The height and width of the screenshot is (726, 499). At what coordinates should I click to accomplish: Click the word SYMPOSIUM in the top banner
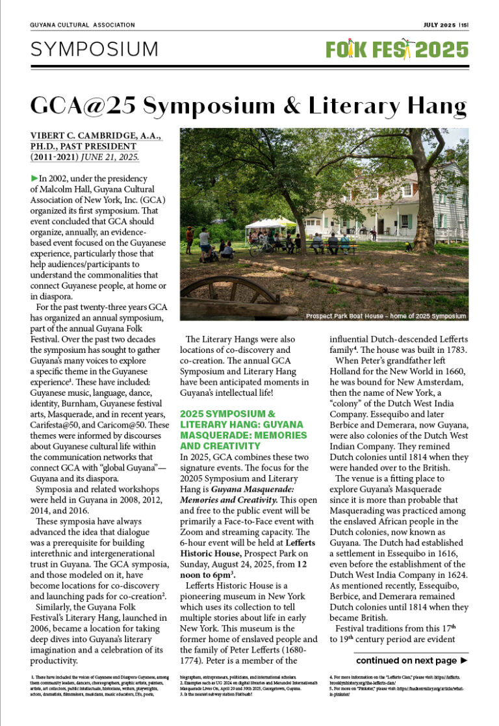pyautogui.click(x=94, y=49)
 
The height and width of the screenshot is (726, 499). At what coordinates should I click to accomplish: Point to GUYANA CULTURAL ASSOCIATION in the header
pyautogui.click(x=83, y=25)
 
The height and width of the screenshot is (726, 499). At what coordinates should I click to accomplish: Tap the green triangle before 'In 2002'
pyautogui.click(x=34, y=178)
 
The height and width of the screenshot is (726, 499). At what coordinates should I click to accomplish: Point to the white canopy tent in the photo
pyautogui.click(x=270, y=223)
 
